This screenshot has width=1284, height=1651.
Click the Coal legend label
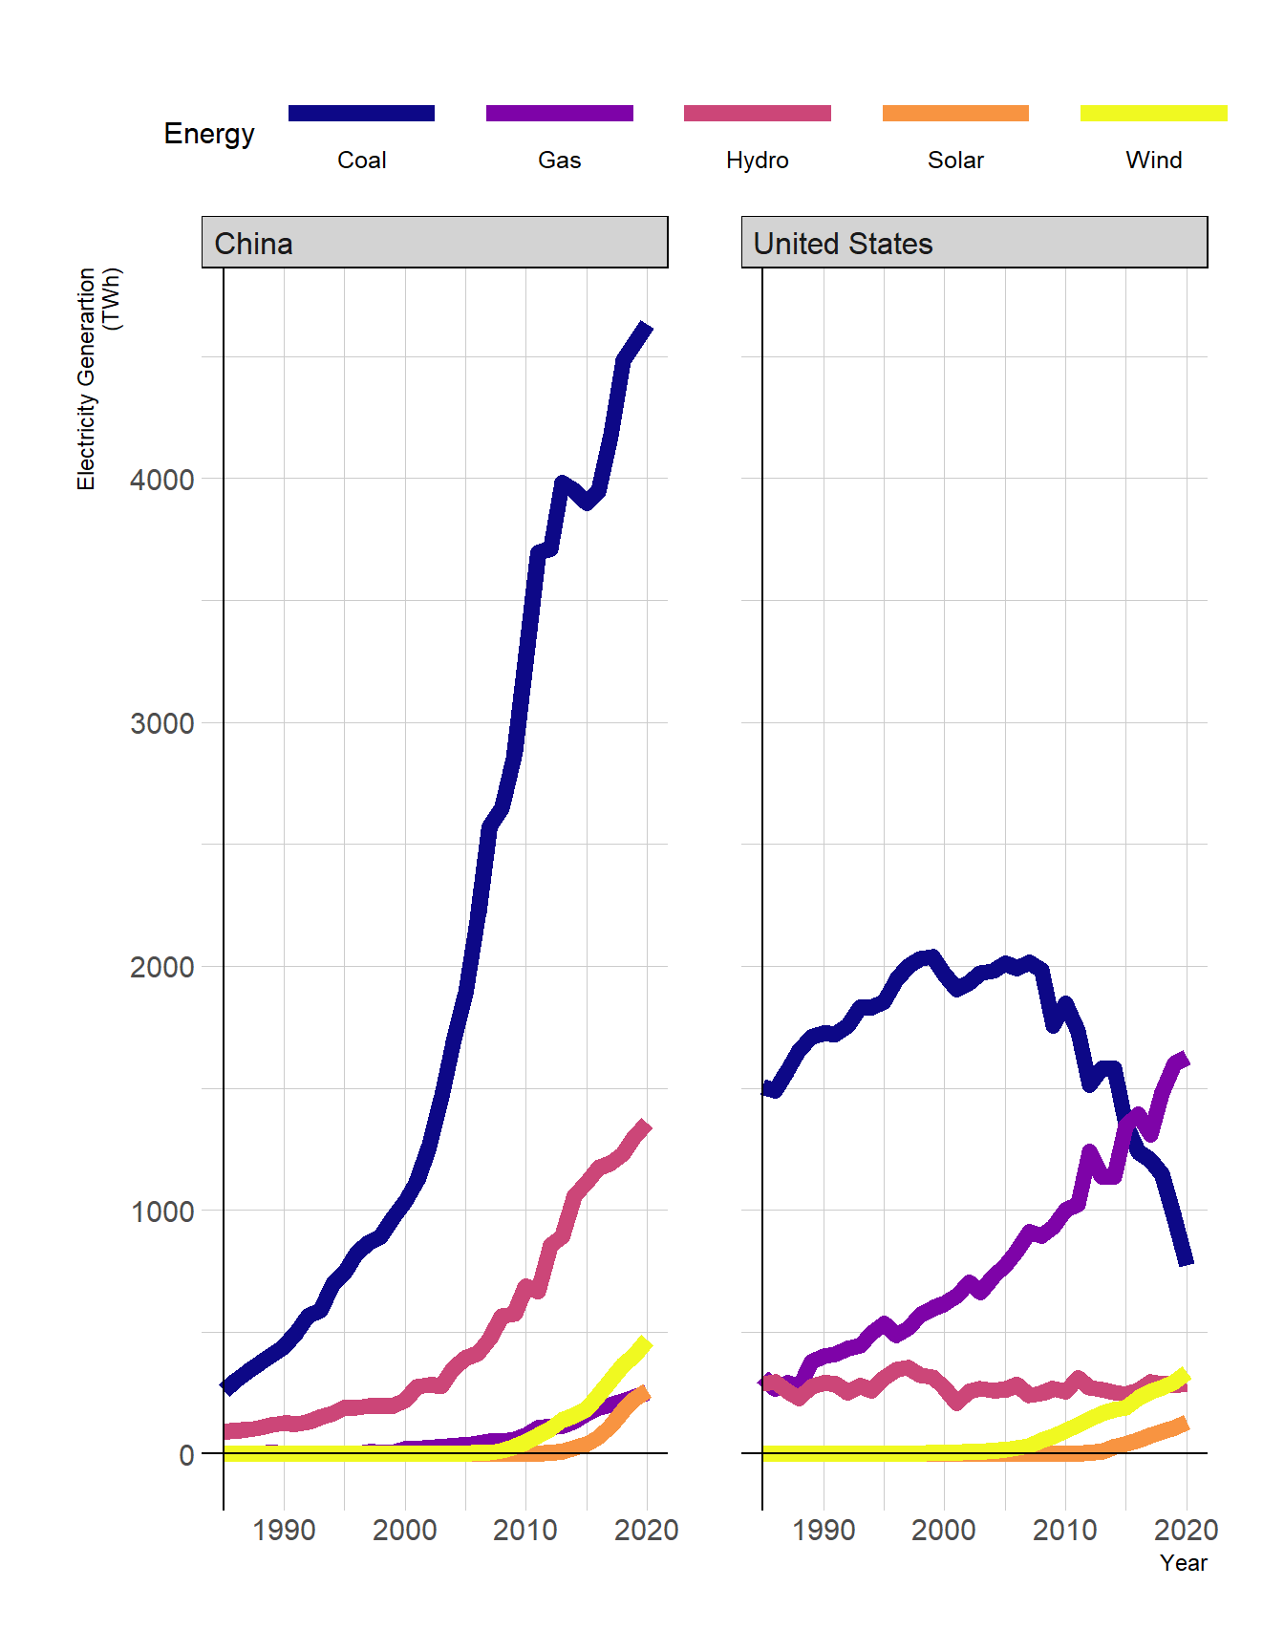361,160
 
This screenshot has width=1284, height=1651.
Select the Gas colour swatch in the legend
559,113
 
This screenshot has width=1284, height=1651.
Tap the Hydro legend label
757,160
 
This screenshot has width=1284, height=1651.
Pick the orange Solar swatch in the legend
955,113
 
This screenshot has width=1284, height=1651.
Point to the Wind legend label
1153,160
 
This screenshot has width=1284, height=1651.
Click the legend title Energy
209,134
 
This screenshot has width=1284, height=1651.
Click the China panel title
254,244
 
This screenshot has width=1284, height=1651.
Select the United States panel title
843,244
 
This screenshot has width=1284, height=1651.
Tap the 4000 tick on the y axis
162,480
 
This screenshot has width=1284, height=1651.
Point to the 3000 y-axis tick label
162,723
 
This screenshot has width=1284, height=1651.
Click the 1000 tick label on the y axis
162,1211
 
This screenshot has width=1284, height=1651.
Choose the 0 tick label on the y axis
186,1455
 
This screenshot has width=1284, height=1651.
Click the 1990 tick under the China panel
284,1531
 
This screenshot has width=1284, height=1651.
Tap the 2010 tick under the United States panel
1065,1531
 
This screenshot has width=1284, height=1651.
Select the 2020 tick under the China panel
647,1531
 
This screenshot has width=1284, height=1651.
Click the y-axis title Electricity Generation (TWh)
98,378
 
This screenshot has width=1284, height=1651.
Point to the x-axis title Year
1183,1563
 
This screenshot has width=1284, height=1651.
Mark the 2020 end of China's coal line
647,328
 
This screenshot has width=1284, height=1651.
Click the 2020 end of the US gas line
1185,1059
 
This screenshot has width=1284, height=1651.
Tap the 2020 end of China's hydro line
646,1126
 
